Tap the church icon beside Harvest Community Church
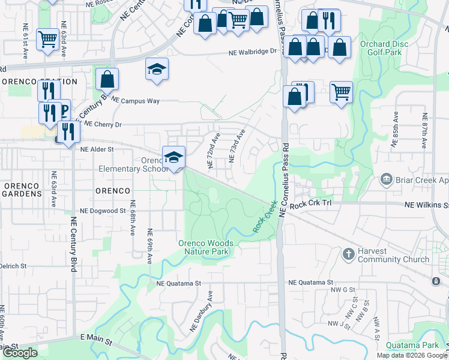(x=348, y=254)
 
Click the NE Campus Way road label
(x=136, y=101)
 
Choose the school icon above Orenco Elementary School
(x=173, y=157)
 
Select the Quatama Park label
(x=413, y=345)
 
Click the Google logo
(x=20, y=353)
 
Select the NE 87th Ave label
(x=424, y=131)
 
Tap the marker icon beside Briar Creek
(x=387, y=179)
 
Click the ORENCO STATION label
(x=40, y=82)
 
